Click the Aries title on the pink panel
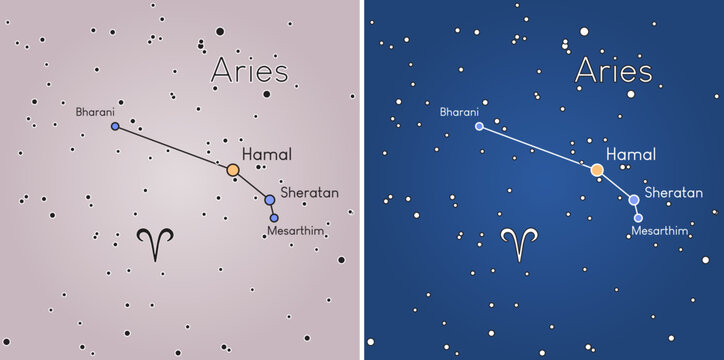(249, 72)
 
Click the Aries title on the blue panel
(613, 72)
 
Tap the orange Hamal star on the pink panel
(233, 170)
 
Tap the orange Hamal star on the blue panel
(597, 170)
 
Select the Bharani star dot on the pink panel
(115, 127)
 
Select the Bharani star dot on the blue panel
(479, 127)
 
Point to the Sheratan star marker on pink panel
(269, 199)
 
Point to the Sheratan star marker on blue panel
(634, 199)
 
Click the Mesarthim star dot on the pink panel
(274, 217)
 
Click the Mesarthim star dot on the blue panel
(638, 217)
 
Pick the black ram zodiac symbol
(155, 244)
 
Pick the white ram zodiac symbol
(519, 244)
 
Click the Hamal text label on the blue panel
(631, 155)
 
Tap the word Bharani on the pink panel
(96, 111)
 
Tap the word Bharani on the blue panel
(460, 111)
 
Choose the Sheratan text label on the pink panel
(309, 190)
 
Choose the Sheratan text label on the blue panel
(673, 190)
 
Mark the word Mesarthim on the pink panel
(296, 231)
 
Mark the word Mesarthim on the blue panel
(660, 231)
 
